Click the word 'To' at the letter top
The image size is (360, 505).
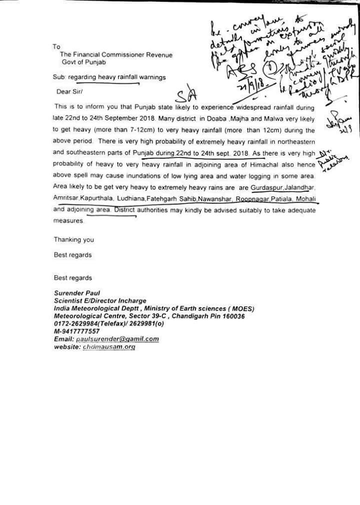click(56, 46)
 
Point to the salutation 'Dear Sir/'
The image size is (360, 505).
click(70, 91)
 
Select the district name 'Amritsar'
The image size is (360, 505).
click(68, 198)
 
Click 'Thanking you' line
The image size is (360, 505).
click(74, 240)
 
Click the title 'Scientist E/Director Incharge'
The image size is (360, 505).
click(100, 301)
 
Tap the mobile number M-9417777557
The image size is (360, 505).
click(76, 331)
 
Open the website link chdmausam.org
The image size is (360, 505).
click(109, 346)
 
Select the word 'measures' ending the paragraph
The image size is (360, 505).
click(68, 220)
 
